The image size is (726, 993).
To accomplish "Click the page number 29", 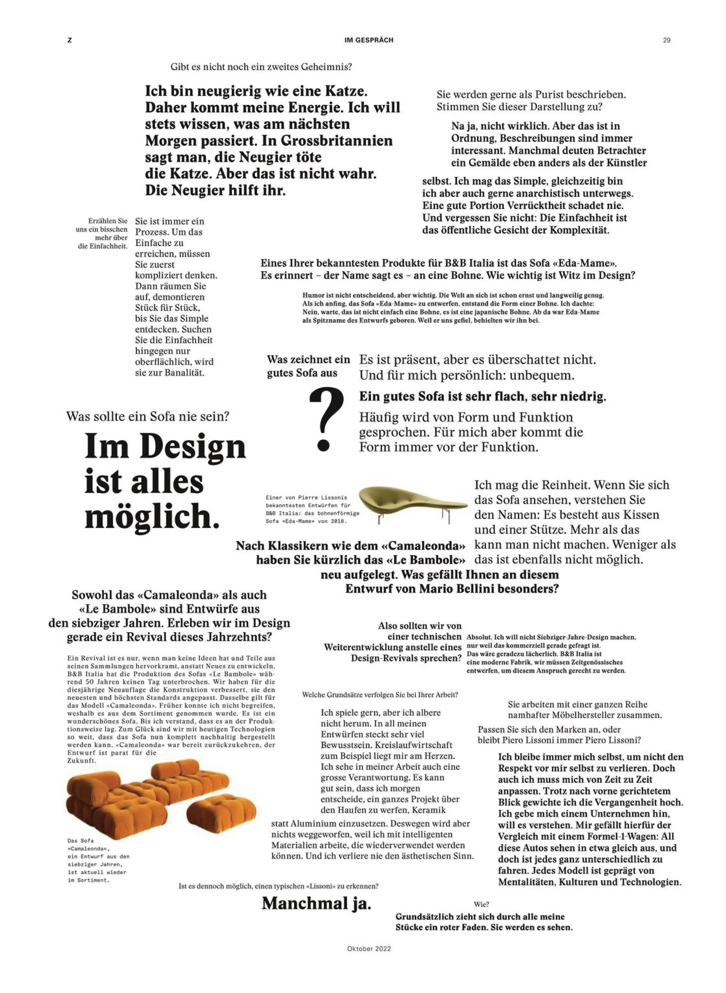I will [666, 40].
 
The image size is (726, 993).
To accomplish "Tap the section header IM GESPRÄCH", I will [369, 40].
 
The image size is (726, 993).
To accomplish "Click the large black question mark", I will [326, 420].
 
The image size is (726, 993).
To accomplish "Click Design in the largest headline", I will [194, 447].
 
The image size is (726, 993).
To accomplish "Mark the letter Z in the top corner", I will [69, 40].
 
